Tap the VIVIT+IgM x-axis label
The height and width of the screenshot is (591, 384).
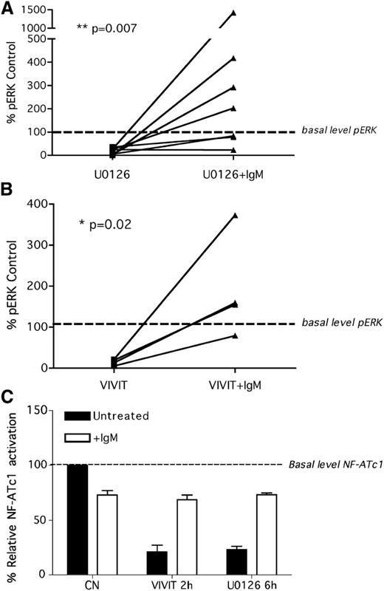[x=234, y=385]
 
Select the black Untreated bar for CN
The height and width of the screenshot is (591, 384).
[x=77, y=519]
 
